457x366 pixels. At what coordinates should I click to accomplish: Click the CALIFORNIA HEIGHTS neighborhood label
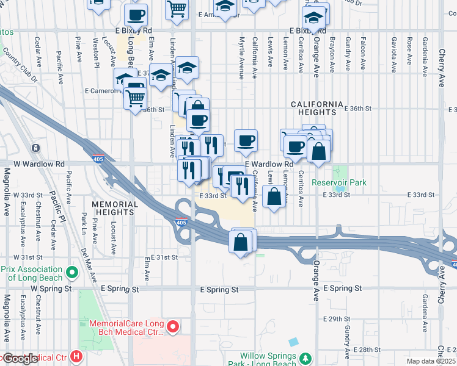313,108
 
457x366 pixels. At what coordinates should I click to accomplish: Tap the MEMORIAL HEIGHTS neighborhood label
112,207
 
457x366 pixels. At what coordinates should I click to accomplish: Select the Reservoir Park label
339,182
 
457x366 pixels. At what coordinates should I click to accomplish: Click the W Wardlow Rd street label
38,164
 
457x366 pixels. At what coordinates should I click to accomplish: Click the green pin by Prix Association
71,271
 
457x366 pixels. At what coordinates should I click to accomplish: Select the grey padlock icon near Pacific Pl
36,148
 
